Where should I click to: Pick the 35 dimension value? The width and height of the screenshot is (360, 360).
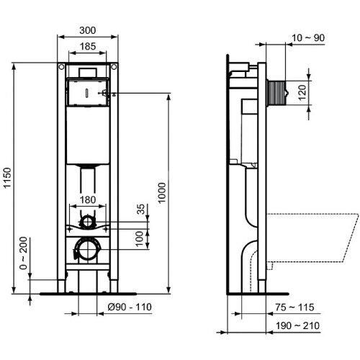point(142,210)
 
